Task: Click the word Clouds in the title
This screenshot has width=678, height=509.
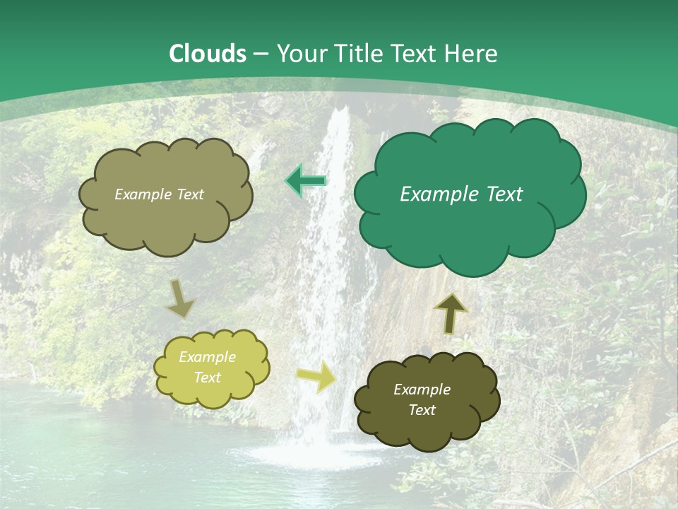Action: click(208, 54)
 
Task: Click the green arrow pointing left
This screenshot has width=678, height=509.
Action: click(306, 181)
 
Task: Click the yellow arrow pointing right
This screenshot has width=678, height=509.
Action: click(318, 376)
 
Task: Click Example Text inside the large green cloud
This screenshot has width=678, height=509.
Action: click(461, 194)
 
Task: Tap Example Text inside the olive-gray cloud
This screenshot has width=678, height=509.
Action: click(159, 194)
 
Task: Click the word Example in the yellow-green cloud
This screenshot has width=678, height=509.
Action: click(207, 357)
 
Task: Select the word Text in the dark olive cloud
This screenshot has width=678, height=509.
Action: click(422, 410)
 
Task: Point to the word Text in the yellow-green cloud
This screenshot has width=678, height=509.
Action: click(207, 378)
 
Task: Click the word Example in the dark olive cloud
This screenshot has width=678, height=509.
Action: click(422, 390)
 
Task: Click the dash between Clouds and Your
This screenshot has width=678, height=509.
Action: click(261, 54)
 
